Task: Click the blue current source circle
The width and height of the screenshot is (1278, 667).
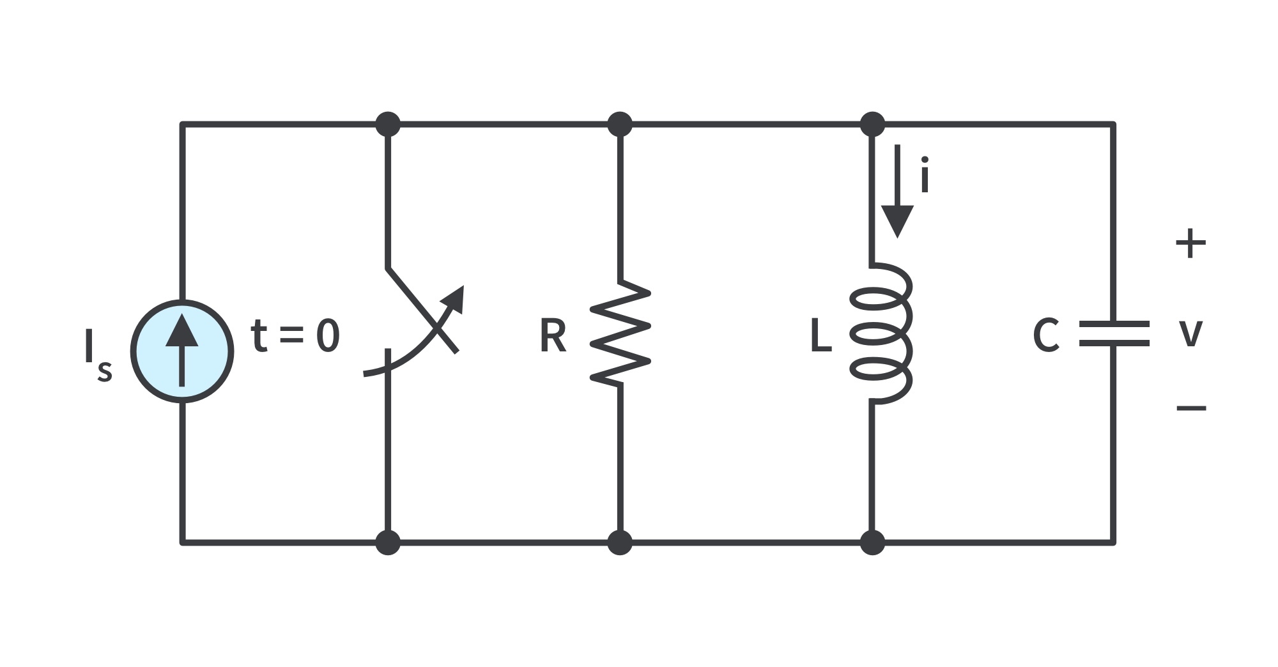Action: [x=182, y=351]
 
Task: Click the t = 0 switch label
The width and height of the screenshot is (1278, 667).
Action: [x=296, y=335]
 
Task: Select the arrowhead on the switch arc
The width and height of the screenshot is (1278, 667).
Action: [x=452, y=301]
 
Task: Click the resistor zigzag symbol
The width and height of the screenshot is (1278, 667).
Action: [x=620, y=333]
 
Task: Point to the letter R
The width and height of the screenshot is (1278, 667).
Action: [x=553, y=336]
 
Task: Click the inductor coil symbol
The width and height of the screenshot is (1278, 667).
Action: [x=881, y=332]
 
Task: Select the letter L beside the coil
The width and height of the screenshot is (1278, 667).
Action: [x=821, y=336]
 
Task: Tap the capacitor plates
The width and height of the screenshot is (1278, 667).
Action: [x=1114, y=333]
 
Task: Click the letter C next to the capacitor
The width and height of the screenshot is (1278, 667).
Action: [x=1047, y=336]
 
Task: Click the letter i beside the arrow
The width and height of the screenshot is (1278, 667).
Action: [x=925, y=174]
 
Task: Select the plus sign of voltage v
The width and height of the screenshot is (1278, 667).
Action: [x=1190, y=243]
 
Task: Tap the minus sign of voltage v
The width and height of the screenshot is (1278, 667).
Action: [x=1191, y=407]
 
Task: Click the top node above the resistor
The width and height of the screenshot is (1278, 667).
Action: [x=619, y=124]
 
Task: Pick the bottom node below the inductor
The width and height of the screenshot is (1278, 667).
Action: [x=872, y=542]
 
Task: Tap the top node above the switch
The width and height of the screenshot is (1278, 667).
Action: [x=388, y=124]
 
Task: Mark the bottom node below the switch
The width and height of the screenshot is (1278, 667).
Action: [x=388, y=542]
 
